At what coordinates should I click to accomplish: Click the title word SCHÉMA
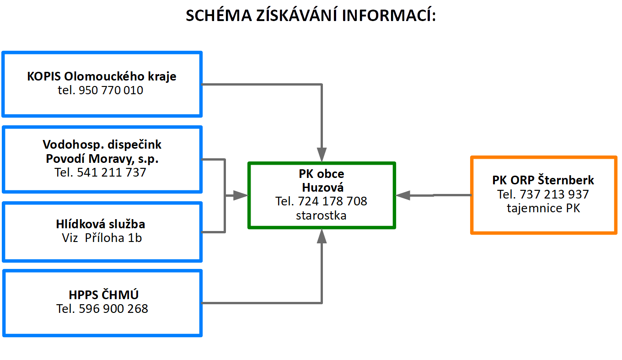(x=219, y=15)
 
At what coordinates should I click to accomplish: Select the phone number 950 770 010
(x=111, y=90)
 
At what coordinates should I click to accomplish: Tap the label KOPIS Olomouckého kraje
(x=102, y=76)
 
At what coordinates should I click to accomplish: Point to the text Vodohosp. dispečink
(x=102, y=145)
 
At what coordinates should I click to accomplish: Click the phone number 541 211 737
(x=111, y=172)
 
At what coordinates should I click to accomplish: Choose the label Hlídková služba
(x=101, y=224)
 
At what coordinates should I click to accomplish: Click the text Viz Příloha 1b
(x=102, y=238)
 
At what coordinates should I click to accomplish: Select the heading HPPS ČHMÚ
(x=103, y=295)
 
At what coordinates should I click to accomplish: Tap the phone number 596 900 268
(x=113, y=309)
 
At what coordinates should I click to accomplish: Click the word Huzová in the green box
(x=323, y=188)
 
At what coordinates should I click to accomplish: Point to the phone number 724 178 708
(x=332, y=201)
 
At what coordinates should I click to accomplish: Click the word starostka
(x=321, y=215)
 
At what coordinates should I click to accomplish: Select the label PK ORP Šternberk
(x=543, y=180)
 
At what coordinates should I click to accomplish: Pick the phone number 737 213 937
(x=554, y=194)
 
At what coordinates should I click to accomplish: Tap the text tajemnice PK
(x=543, y=208)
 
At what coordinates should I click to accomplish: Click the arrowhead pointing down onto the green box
(x=322, y=155)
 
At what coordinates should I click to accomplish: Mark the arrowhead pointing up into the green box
(x=322, y=236)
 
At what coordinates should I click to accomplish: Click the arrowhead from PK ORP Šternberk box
(x=403, y=195)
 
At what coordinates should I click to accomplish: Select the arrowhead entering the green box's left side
(x=241, y=196)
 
